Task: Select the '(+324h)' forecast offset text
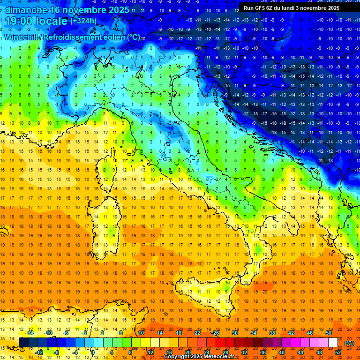[x=83, y=21]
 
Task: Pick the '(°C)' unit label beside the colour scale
[x=349, y=343]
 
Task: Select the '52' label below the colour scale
[x=338, y=352]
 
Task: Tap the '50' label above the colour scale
[x=329, y=333]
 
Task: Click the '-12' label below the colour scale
[x=39, y=352]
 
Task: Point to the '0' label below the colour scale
[x=93, y=352]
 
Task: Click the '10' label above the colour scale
[x=141, y=333]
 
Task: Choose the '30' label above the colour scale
[x=235, y=333]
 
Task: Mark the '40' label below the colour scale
[x=282, y=352]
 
